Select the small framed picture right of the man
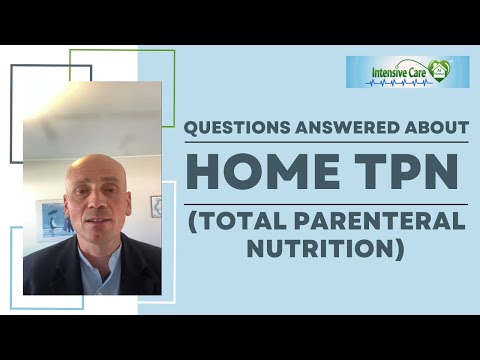156,206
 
